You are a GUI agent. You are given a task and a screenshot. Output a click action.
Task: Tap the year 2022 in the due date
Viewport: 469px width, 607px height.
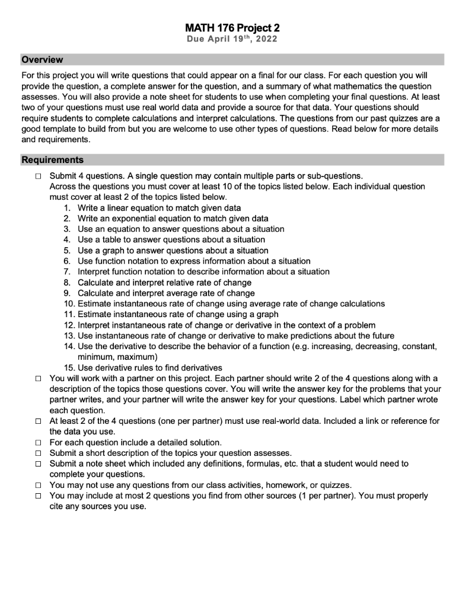pyautogui.click(x=265, y=39)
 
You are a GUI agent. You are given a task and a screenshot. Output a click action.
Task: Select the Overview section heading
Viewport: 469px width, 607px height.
pyautogui.click(x=42, y=60)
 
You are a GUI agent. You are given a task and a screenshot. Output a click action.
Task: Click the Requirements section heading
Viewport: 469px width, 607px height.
pyautogui.click(x=53, y=160)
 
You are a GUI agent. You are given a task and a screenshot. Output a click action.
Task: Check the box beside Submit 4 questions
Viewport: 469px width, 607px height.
pyautogui.click(x=38, y=176)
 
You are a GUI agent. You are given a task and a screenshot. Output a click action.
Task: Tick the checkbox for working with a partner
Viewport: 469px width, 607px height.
pyautogui.click(x=38, y=379)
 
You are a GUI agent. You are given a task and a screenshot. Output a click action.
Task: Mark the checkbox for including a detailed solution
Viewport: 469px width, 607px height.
pyautogui.click(x=38, y=442)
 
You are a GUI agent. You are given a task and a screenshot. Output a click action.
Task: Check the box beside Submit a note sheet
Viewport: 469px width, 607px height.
pyautogui.click(x=38, y=464)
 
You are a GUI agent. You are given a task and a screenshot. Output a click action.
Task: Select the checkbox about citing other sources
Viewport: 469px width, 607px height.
pyautogui.click(x=38, y=496)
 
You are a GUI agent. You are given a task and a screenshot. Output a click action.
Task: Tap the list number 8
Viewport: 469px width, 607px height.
pyautogui.click(x=67, y=282)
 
